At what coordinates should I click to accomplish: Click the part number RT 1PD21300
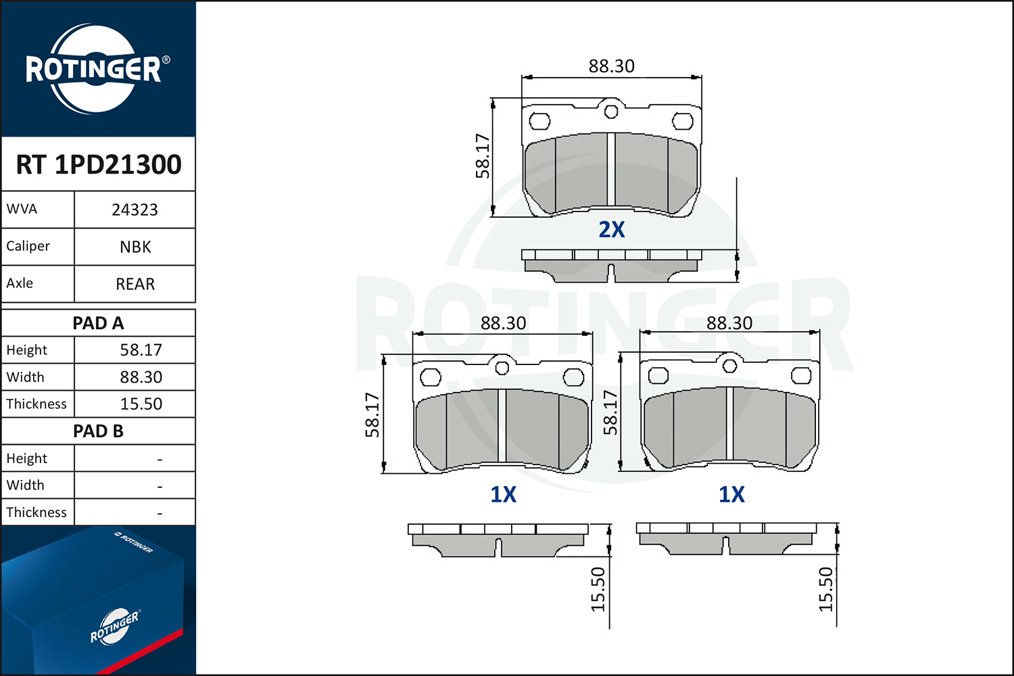(98, 164)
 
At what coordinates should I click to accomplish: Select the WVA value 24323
(135, 210)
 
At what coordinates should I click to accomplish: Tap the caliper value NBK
(135, 247)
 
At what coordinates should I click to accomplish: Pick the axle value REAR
(135, 284)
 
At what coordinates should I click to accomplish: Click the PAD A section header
(98, 323)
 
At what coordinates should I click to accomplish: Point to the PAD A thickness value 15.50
(141, 404)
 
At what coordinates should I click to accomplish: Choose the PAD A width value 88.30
(141, 377)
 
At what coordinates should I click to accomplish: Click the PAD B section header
(98, 431)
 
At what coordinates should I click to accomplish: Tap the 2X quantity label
(612, 230)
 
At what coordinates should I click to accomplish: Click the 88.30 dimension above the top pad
(612, 66)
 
